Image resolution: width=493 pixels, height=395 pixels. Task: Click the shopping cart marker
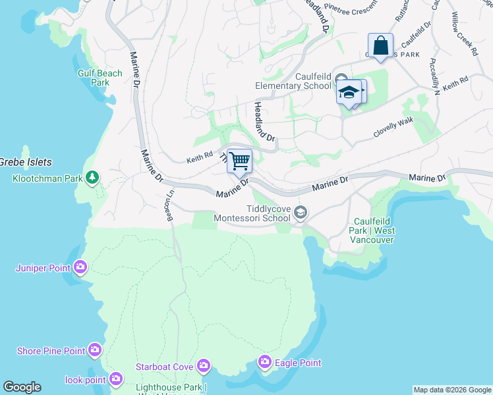tap(239, 160)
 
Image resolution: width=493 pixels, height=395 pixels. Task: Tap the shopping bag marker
tap(380, 46)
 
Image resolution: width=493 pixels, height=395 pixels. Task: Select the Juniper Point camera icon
tap(80, 267)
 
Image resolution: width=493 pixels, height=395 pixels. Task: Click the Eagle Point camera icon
tap(265, 362)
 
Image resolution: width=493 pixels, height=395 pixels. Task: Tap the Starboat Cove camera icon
tap(203, 365)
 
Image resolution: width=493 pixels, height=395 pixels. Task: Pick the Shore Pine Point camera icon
tap(95, 350)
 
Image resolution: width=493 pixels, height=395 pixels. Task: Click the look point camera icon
tap(116, 379)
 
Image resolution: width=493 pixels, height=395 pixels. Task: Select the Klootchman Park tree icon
tap(93, 178)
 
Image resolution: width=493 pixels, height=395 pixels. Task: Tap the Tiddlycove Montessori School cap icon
tap(301, 211)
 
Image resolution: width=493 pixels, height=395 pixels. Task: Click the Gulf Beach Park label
tap(100, 78)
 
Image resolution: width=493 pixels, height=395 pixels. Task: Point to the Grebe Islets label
tap(26, 162)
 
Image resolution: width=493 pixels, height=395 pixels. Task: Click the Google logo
tap(22, 387)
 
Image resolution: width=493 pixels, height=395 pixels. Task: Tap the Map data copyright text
tap(452, 390)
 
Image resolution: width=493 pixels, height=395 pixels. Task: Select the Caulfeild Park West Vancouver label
tap(374, 230)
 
